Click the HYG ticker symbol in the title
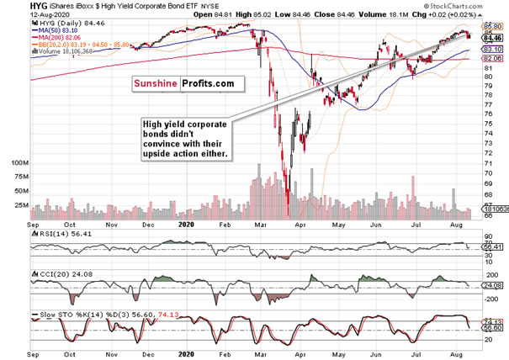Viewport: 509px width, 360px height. pos(16,5)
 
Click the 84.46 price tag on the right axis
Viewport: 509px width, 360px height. pos(492,37)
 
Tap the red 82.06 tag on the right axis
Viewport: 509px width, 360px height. pos(492,59)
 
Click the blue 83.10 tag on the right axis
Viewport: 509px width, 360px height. pos(492,50)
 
